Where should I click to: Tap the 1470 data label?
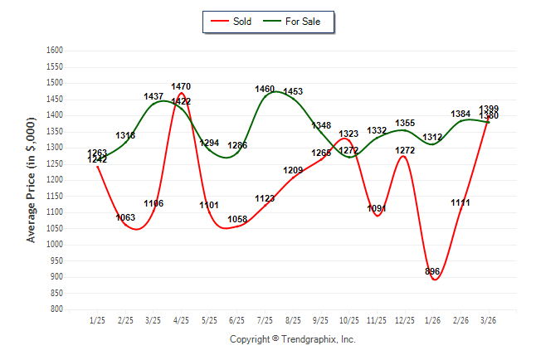[182, 86]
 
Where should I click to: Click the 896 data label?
[432, 271]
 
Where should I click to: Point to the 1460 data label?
[265, 89]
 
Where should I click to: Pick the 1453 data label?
[293, 91]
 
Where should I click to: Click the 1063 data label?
[125, 217]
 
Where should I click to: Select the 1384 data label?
[460, 114]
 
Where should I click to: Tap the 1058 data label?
[237, 220]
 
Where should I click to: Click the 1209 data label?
[293, 170]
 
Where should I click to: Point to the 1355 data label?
[405, 124]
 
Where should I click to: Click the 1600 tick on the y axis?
[56, 50]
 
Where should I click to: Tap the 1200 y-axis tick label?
[56, 179]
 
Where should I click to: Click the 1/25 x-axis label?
[97, 320]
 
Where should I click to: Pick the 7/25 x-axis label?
[265, 320]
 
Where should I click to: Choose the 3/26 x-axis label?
[489, 320]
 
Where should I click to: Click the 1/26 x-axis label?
[432, 320]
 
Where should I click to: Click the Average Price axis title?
[32, 178]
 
